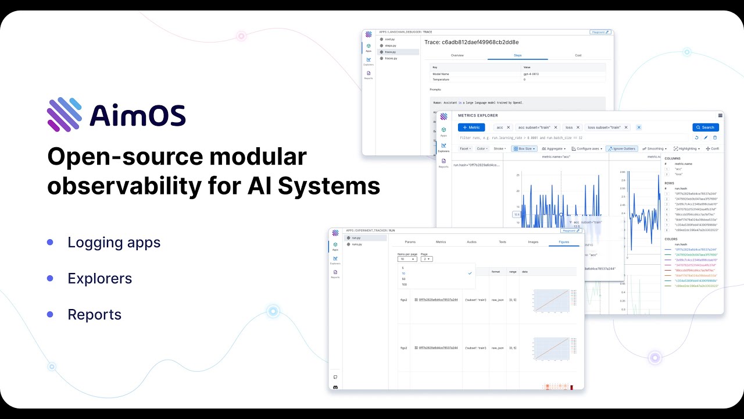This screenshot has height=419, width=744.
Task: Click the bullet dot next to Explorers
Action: coord(50,278)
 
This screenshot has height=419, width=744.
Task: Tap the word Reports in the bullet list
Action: coord(94,314)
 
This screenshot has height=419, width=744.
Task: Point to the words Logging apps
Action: coord(114,242)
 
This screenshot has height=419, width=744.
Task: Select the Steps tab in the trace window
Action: coord(517,55)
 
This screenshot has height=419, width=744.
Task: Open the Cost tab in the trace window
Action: coord(578,55)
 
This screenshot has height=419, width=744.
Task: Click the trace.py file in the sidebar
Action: coord(390,52)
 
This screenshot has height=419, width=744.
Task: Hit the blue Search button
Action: coord(705,127)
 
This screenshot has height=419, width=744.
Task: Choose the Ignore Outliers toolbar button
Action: coord(622,149)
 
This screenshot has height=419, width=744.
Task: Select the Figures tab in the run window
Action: coord(564,242)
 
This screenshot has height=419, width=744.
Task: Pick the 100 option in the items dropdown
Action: coord(405,285)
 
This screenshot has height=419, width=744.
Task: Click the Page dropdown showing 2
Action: coord(426,259)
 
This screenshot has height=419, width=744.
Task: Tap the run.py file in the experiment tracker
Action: coord(356,238)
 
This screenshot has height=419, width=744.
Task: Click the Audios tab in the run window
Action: coord(471,242)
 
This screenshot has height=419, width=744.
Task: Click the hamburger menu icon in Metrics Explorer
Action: coord(720,116)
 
